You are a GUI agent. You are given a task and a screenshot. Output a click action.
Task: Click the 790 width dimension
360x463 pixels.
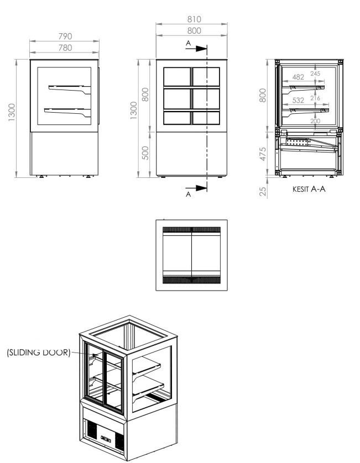[65, 36]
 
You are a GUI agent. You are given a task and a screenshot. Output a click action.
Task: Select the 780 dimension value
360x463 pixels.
[65, 48]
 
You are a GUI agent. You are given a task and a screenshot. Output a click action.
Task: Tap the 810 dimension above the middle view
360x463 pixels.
[194, 19]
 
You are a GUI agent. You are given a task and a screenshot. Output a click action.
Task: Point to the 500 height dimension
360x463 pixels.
[145, 153]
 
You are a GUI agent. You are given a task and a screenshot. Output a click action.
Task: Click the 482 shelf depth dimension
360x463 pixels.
[298, 77]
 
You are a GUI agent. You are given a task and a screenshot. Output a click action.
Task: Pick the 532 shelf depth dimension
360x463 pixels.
[298, 101]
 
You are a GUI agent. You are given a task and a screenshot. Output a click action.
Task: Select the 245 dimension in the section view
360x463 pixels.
[315, 73]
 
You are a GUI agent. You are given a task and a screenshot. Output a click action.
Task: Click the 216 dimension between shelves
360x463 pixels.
[315, 98]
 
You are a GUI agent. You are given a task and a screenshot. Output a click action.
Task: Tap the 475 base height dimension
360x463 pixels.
[263, 154]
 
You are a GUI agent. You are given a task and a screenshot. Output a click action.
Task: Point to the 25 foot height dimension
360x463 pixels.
[263, 191]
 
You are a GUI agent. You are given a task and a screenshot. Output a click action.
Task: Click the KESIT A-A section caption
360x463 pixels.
[309, 189]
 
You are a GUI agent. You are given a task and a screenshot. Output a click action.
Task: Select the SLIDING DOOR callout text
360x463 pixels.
[39, 352]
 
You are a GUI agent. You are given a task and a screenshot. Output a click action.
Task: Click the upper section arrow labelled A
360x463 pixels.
[196, 49]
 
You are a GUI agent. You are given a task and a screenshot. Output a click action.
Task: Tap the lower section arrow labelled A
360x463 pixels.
[196, 188]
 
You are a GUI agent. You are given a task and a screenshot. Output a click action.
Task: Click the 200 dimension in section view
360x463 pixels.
[315, 121]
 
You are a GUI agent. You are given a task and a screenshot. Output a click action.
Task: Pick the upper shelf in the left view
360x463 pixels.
[70, 89]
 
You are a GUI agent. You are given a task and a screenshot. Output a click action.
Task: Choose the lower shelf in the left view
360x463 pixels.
[67, 112]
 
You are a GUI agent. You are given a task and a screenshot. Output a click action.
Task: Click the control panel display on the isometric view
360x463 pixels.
[106, 438]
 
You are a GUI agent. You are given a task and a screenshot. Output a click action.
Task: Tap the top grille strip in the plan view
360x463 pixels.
[191, 229]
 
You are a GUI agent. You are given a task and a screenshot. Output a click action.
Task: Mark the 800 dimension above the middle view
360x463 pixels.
[194, 31]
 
